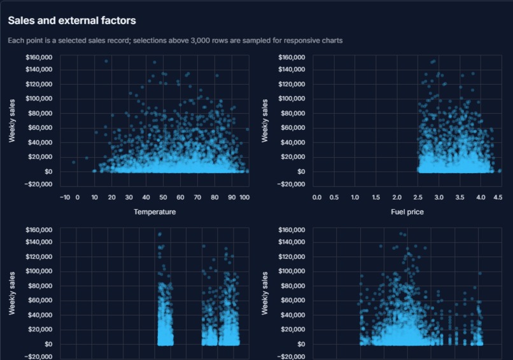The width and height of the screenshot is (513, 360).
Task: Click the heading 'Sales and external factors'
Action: point(72,20)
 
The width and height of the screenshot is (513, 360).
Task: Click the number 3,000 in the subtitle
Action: point(200,41)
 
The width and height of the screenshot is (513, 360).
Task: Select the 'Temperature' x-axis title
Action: point(155,212)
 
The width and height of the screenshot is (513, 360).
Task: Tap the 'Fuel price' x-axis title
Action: point(407,212)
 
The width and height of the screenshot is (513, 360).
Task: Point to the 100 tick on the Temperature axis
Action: point(244,198)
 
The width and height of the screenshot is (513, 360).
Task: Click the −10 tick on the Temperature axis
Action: point(65,198)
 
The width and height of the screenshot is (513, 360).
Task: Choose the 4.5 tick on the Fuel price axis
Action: point(498,198)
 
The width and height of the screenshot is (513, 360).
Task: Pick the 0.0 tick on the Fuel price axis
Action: point(317,198)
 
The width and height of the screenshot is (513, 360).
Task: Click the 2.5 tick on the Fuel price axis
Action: point(418,198)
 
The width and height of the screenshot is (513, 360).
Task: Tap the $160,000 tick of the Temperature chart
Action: point(39,57)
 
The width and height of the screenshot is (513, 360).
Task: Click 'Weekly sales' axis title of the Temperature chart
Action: point(12,121)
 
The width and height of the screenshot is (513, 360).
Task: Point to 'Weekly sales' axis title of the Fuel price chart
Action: point(265,121)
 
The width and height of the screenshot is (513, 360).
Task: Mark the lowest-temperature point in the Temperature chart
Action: point(74,162)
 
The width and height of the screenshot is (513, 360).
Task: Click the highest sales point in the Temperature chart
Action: point(106,61)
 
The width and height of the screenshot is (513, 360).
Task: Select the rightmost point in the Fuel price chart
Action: point(500,170)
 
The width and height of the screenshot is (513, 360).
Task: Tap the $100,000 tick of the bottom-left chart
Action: point(39,271)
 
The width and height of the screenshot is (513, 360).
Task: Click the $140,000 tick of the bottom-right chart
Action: point(292,242)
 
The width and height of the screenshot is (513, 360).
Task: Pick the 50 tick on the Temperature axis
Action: point(163,198)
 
